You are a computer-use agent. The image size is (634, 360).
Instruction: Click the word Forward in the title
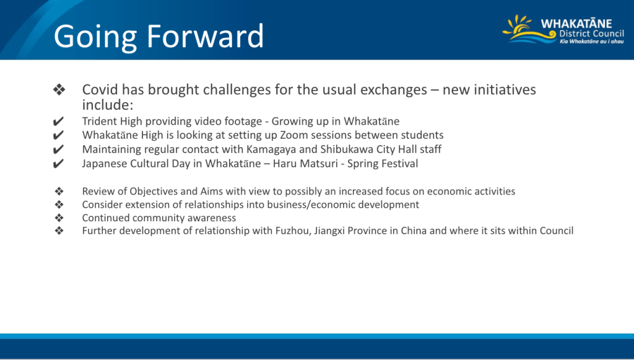coord(205,36)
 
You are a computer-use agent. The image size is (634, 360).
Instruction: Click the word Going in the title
coord(95,38)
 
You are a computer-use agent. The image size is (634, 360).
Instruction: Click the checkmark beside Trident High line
coord(58,121)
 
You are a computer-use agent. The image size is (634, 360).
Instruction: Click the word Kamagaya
coord(271,150)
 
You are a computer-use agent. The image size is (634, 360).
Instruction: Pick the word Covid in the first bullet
coord(100,89)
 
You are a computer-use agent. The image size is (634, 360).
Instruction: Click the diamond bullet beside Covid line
coord(59,89)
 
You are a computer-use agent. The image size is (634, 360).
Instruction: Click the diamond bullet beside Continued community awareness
coord(59,217)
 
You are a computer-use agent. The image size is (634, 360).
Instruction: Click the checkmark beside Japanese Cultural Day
coord(58,164)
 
